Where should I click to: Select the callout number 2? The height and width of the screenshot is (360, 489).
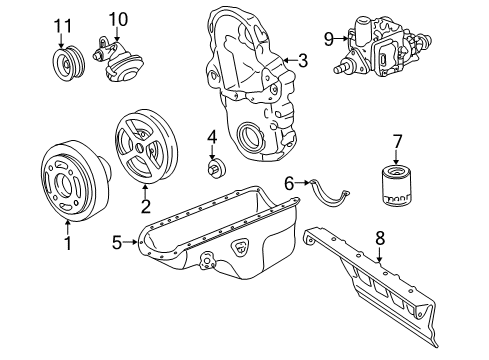tap(145, 207)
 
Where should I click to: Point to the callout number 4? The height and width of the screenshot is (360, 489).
tap(212, 136)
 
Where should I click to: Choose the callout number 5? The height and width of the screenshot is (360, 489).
tap(116, 241)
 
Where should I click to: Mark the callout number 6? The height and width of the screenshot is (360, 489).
tap(288, 183)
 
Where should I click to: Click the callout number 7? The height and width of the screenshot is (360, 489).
tap(396, 141)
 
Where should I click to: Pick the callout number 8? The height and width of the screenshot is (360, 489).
tap(380, 239)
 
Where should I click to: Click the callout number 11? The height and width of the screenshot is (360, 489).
tap(64, 24)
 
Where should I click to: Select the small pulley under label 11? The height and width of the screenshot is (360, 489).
tap(66, 63)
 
